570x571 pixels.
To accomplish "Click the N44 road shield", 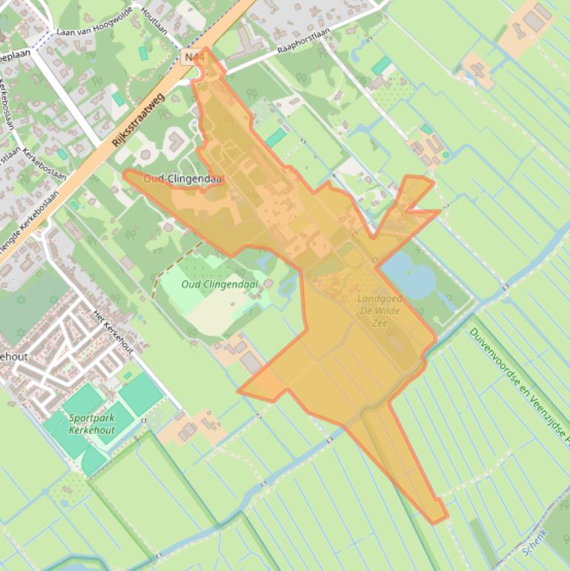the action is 191,56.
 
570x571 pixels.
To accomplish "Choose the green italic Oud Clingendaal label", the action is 220,284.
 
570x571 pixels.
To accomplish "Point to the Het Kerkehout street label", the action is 113,331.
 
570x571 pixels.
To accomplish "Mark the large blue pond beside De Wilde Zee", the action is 408,275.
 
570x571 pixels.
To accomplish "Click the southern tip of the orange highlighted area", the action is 437,521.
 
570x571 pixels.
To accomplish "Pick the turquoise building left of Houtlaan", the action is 143,53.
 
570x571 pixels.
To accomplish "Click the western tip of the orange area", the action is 126,175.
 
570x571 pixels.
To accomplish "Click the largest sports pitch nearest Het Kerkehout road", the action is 141,394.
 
